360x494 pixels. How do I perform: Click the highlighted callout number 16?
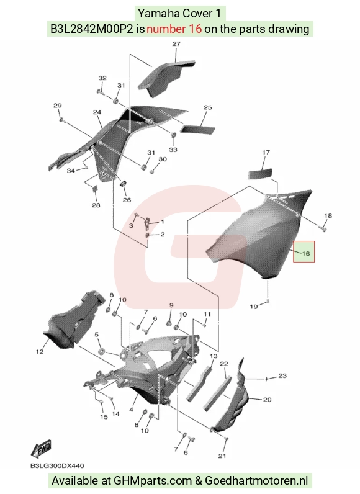tap(306, 253)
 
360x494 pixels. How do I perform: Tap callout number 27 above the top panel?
tap(176, 44)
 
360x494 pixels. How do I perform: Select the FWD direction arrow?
tap(41, 449)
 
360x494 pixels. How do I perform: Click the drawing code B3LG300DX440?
tap(57, 465)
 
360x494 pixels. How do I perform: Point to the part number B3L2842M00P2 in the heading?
tap(92, 29)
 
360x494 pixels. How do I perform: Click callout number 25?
tap(207, 107)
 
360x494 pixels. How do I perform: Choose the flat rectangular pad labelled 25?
tap(197, 128)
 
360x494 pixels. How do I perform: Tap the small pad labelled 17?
tap(261, 174)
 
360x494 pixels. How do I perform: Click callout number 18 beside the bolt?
tap(328, 216)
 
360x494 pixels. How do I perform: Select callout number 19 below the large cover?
tap(254, 306)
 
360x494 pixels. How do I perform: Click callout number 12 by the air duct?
tap(40, 352)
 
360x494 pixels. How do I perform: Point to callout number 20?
tap(267, 400)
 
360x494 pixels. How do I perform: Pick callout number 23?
tap(282, 375)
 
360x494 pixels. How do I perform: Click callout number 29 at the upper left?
tap(57, 106)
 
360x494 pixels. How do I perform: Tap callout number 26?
tap(127, 200)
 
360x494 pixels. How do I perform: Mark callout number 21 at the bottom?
tap(222, 456)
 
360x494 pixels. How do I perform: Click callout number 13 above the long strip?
tap(214, 356)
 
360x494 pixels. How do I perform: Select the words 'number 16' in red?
tap(174, 29)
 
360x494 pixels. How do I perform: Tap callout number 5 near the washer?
tap(97, 335)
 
